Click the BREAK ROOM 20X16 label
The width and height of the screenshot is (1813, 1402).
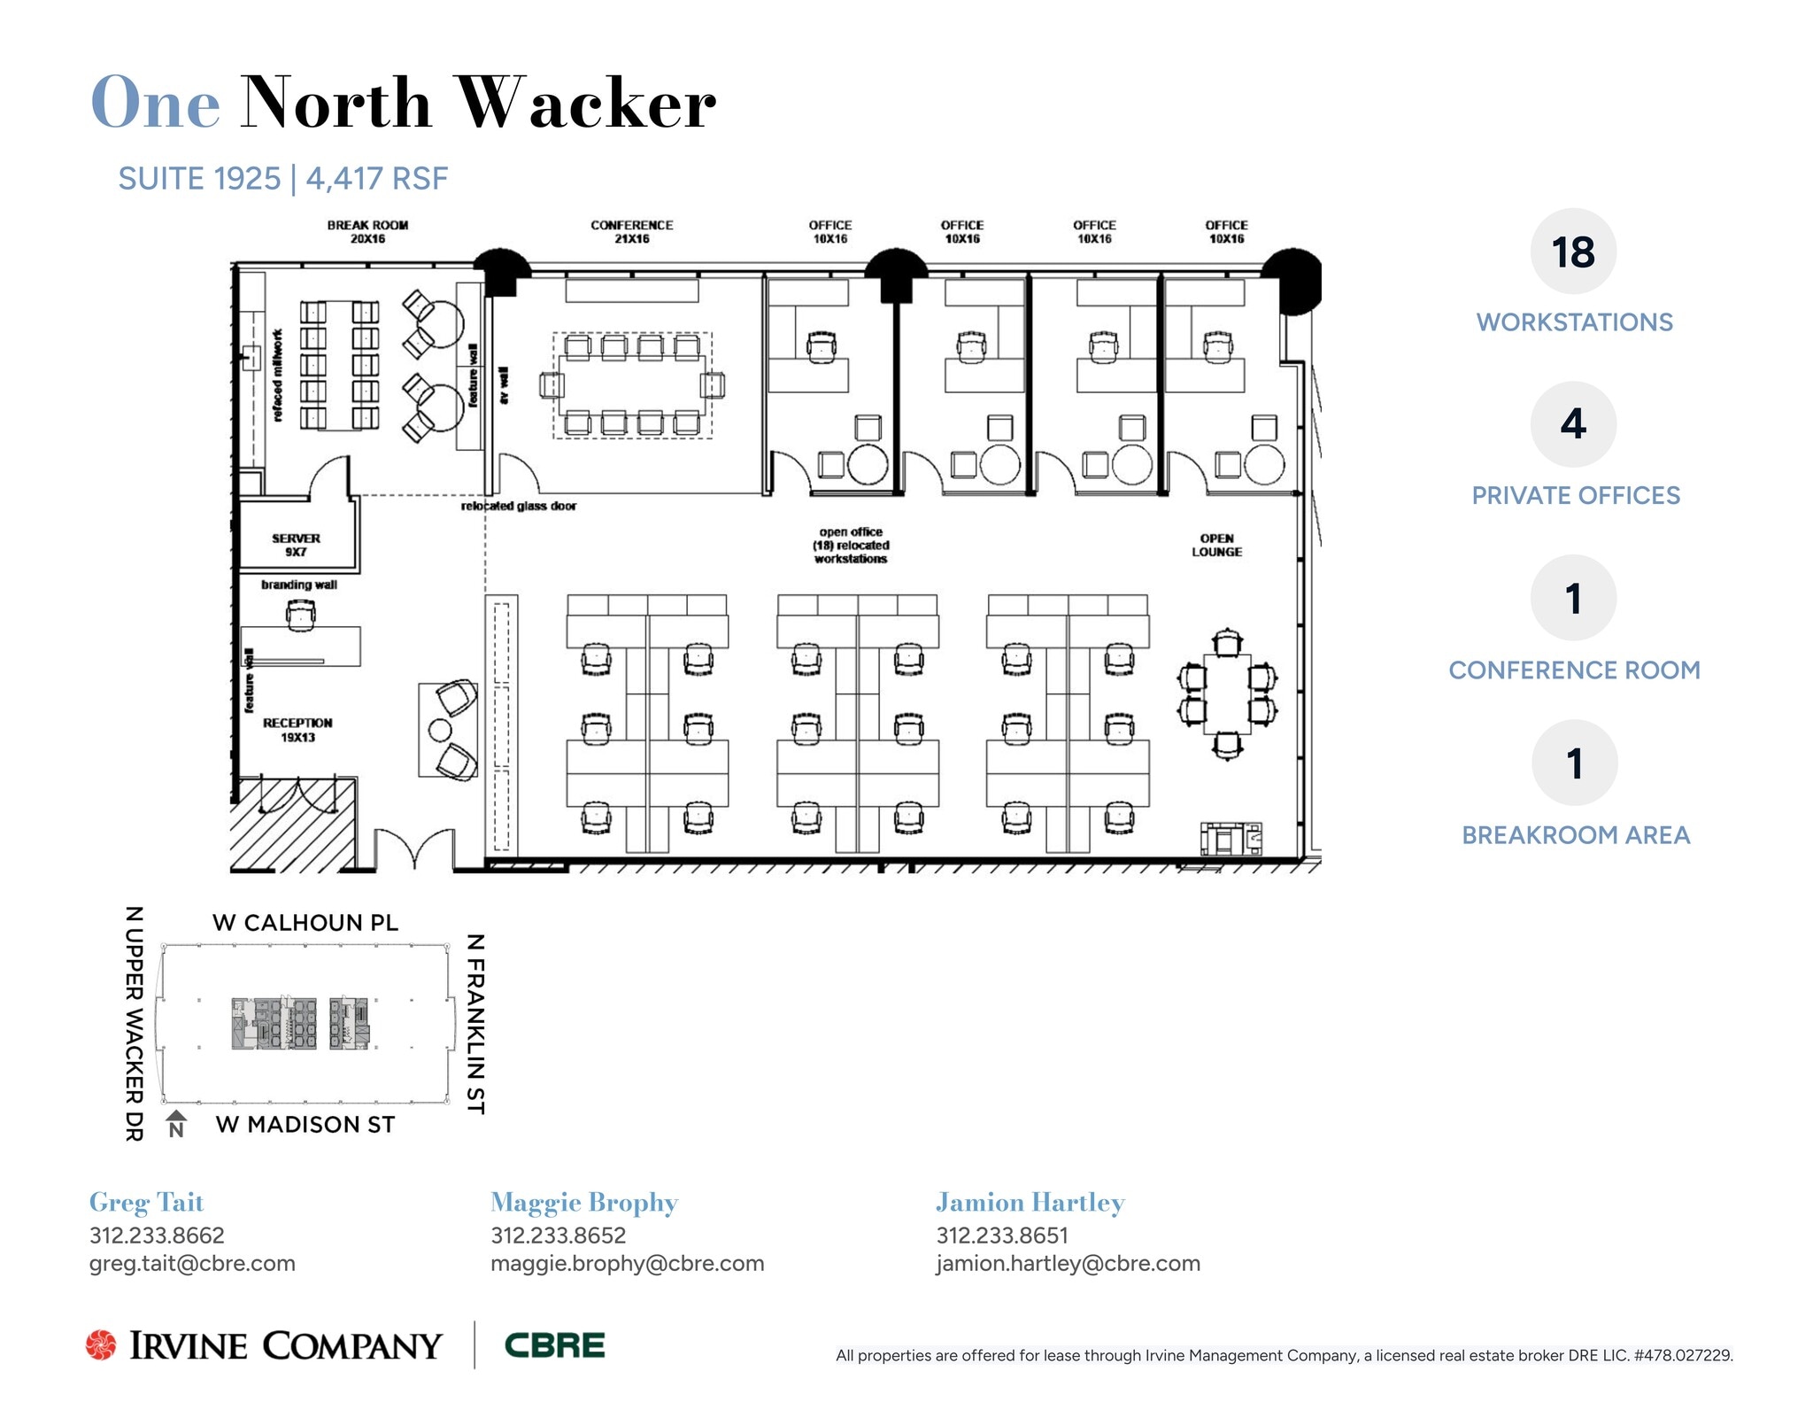tap(367, 232)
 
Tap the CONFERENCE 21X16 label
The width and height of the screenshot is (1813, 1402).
tap(631, 232)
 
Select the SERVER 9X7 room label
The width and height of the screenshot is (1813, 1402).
tap(296, 545)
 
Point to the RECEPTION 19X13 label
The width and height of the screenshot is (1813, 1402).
tap(297, 730)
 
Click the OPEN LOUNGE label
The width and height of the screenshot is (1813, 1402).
tap(1216, 545)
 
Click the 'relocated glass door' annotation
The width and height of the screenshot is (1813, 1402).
tap(518, 507)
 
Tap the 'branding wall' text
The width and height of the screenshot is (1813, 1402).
tap(298, 585)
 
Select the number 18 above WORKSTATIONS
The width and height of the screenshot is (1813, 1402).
tap(1573, 252)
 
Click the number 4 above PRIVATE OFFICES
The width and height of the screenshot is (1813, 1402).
tap(1573, 424)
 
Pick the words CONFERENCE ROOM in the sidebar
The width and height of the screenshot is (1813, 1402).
tap(1574, 670)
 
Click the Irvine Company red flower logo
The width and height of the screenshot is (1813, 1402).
tap(101, 1344)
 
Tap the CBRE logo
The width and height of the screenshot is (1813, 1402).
tap(554, 1345)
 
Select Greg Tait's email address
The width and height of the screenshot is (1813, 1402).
tap(192, 1264)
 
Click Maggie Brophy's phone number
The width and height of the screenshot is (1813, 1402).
tap(558, 1235)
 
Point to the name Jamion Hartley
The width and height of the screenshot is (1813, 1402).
tap(1030, 1203)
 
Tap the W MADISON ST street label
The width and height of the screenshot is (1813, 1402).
tap(305, 1125)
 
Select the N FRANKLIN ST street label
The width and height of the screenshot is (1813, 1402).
tap(475, 1023)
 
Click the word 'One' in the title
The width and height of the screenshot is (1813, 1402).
tap(155, 104)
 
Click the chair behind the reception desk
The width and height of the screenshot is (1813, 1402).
tap(300, 613)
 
